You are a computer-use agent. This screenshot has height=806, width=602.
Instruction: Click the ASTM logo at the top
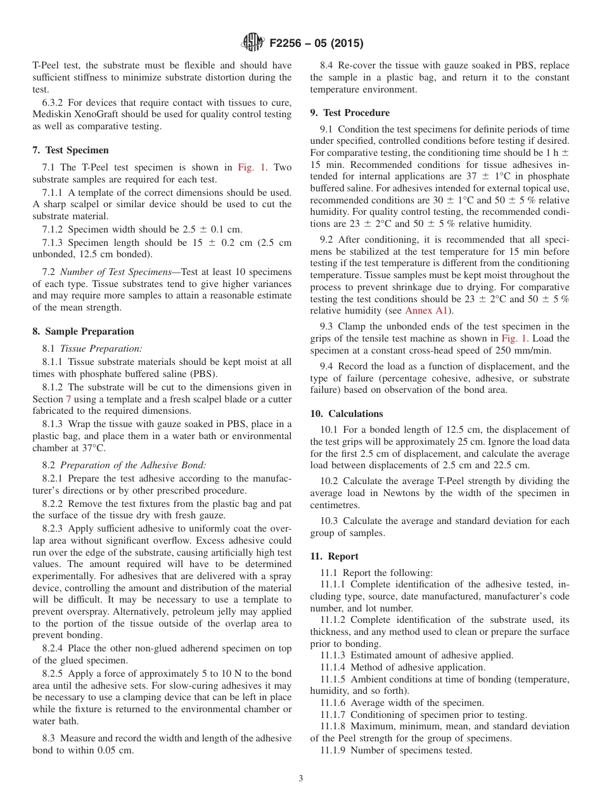253,43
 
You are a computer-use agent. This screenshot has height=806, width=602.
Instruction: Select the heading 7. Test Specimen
70,150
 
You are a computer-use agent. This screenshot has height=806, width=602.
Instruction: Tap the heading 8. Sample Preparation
83,331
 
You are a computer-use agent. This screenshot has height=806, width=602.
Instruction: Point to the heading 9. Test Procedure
350,113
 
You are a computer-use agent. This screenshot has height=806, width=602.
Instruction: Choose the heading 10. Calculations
347,414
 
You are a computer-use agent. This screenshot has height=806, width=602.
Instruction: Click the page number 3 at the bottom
301,779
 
